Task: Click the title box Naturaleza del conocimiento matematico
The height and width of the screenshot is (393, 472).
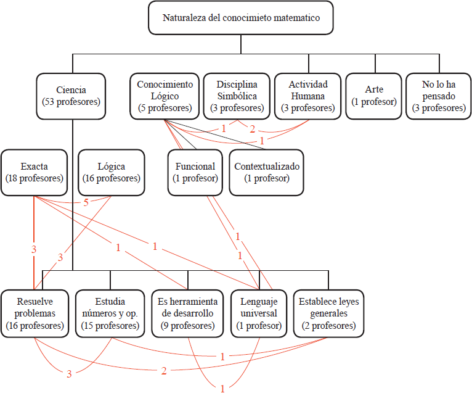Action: click(241, 18)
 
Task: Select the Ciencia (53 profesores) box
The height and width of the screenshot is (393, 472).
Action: click(71, 96)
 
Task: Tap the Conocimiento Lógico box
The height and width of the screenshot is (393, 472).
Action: click(165, 96)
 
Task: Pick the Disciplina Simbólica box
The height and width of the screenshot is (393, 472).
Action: click(237, 96)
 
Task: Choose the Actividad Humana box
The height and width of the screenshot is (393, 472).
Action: click(308, 96)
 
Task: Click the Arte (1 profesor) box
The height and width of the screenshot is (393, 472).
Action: click(374, 96)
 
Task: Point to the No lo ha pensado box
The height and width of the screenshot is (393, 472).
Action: click(439, 96)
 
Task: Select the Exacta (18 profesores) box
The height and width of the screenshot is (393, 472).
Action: click(35, 173)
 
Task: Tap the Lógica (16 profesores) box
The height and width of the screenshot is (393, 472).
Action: click(112, 173)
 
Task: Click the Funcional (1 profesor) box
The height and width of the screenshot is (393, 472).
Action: click(195, 173)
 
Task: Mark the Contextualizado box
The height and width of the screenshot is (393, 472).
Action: click(267, 173)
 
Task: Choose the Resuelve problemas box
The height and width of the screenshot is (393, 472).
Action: click(35, 314)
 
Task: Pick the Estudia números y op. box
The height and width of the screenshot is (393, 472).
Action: click(110, 314)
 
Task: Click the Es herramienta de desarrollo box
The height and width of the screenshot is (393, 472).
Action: click(187, 314)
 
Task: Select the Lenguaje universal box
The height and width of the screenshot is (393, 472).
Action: click(259, 314)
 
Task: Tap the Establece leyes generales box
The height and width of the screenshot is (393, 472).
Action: click(328, 314)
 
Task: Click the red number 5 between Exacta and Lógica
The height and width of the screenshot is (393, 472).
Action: click(86, 202)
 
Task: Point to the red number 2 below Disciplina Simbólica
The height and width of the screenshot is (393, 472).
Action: click(252, 130)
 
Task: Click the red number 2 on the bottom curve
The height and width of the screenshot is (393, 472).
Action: click(164, 371)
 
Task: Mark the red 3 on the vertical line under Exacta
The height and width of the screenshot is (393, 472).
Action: click(34, 249)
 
